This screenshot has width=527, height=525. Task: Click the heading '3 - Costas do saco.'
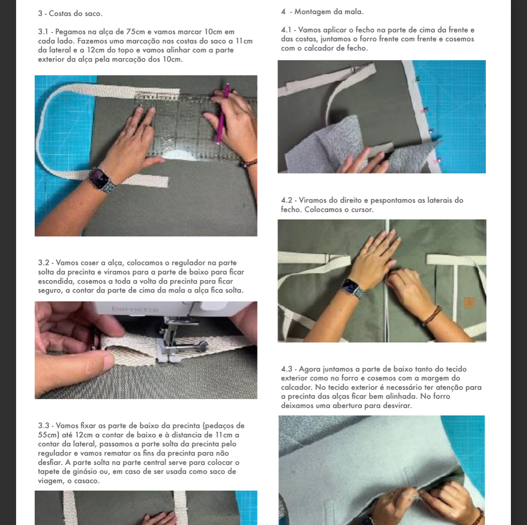coord(70,13)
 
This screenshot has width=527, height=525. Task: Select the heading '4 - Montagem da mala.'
coord(322,12)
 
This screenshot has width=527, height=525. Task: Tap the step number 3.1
coord(43,32)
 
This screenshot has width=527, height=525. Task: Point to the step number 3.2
coord(44,262)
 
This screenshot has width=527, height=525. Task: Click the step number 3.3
coord(44,426)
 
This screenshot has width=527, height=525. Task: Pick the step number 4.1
coord(287,30)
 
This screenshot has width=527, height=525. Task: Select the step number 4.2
coord(287,200)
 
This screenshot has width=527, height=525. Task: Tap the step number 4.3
coord(287,369)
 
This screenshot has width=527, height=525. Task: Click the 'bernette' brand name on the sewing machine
coord(135,309)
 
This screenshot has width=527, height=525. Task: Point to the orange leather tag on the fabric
coord(469,302)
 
